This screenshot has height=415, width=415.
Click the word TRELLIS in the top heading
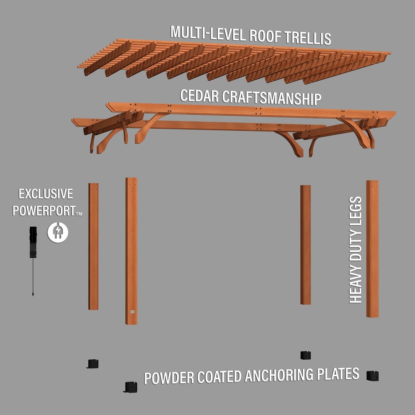click(308, 38)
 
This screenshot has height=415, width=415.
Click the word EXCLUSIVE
click(46, 194)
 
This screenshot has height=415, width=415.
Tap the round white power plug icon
click(58, 232)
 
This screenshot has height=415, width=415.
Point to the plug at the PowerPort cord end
click(33, 294)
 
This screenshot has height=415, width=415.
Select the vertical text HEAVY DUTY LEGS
click(355, 250)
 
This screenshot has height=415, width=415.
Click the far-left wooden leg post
click(93, 246)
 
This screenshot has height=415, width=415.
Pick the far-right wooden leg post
click(372, 248)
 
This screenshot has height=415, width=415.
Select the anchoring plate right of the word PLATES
click(372, 375)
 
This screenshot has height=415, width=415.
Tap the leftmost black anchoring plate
click(93, 364)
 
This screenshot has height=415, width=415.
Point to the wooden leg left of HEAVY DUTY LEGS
click(306, 245)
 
